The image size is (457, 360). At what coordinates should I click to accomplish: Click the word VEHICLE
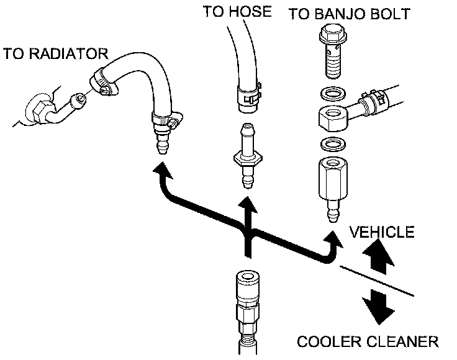[382, 232]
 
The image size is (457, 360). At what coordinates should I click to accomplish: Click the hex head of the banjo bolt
[333, 34]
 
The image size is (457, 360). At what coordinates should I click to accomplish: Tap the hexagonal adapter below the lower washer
[333, 178]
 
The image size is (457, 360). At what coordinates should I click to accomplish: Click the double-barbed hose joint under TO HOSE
[248, 156]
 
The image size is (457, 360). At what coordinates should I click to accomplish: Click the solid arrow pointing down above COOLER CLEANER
[378, 306]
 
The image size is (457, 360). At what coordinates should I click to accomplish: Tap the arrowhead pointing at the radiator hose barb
[162, 171]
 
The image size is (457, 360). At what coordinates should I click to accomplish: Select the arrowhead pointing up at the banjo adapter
[333, 240]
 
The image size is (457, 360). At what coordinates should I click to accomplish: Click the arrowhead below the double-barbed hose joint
[248, 205]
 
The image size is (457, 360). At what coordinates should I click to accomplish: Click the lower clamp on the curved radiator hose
[166, 119]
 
